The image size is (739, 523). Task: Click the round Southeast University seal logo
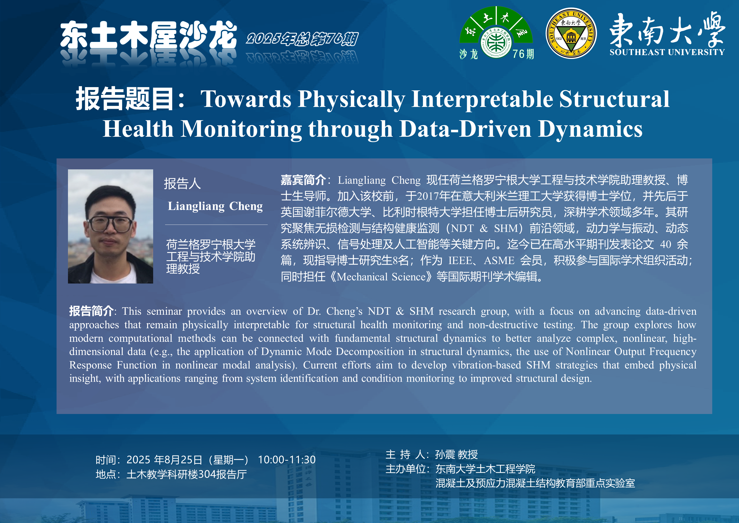click(x=571, y=33)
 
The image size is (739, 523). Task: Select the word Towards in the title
click(x=246, y=99)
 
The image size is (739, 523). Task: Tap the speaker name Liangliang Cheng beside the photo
click(x=215, y=206)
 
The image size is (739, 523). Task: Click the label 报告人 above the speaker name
click(x=182, y=184)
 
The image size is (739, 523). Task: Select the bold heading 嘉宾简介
click(x=303, y=180)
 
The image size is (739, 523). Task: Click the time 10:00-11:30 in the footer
click(x=287, y=460)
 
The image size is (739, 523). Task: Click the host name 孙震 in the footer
click(x=445, y=454)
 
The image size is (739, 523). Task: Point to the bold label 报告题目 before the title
click(x=125, y=99)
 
